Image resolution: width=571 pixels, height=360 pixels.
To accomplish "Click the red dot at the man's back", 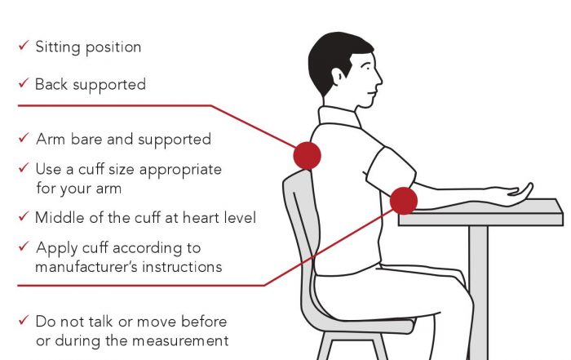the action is pos(307,156).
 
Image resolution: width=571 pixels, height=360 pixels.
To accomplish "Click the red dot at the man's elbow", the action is pos(404,201).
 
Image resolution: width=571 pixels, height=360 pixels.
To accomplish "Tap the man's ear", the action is pos(338,76).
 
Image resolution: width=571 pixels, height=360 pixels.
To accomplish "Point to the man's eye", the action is pos(367,67).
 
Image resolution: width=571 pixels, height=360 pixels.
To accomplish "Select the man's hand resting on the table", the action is pos(517,190).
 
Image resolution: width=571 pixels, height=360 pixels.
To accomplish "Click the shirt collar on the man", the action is pos(339,117).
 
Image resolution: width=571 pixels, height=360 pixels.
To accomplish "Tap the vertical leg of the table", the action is pos(478,292).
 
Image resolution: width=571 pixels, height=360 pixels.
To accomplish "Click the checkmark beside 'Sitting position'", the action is pos(24,45).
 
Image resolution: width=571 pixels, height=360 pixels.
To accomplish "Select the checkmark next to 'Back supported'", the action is pos(24,82).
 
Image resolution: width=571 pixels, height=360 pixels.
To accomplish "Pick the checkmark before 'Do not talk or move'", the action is pos(24,320).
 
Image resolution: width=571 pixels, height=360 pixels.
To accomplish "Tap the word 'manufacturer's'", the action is pos(86,267).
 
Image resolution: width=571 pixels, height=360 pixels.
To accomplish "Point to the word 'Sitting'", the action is pos(58,47).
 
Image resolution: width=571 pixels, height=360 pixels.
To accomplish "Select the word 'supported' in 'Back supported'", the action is pos(109,85).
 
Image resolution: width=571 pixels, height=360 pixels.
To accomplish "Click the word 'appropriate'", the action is pos(180,170).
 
